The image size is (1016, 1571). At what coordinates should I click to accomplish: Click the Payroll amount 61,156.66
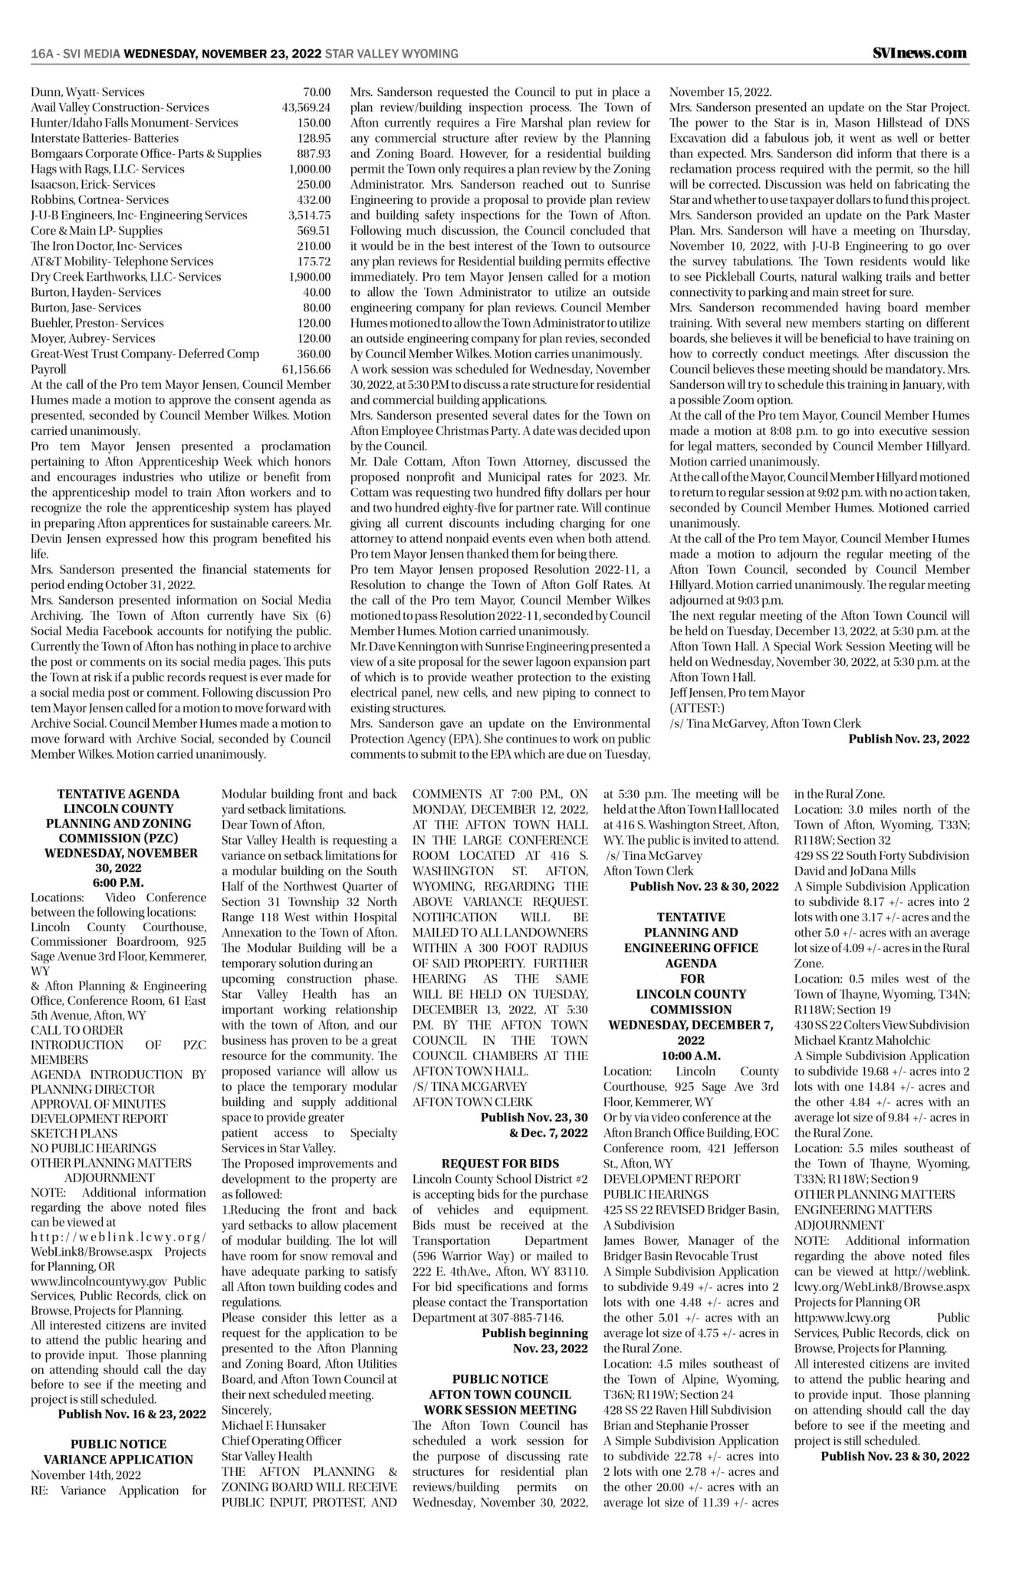point(306,369)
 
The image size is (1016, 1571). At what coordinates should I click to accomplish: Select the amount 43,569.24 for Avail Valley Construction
point(306,107)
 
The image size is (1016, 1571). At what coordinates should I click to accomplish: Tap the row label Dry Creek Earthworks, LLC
point(126,277)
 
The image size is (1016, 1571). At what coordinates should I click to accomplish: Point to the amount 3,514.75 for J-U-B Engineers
point(309,216)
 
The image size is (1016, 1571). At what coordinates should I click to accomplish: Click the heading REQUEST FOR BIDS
point(500,1164)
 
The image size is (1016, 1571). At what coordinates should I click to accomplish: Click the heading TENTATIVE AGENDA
point(118,794)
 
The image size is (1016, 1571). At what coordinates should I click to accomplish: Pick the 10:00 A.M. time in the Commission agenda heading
point(691,1056)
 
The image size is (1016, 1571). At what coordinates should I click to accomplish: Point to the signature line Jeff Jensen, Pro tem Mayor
point(737,693)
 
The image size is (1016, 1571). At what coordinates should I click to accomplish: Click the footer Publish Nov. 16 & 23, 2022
point(132,1414)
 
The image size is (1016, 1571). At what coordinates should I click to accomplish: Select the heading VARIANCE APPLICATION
point(118,1459)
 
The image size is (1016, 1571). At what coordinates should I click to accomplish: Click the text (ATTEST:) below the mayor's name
point(697,708)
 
